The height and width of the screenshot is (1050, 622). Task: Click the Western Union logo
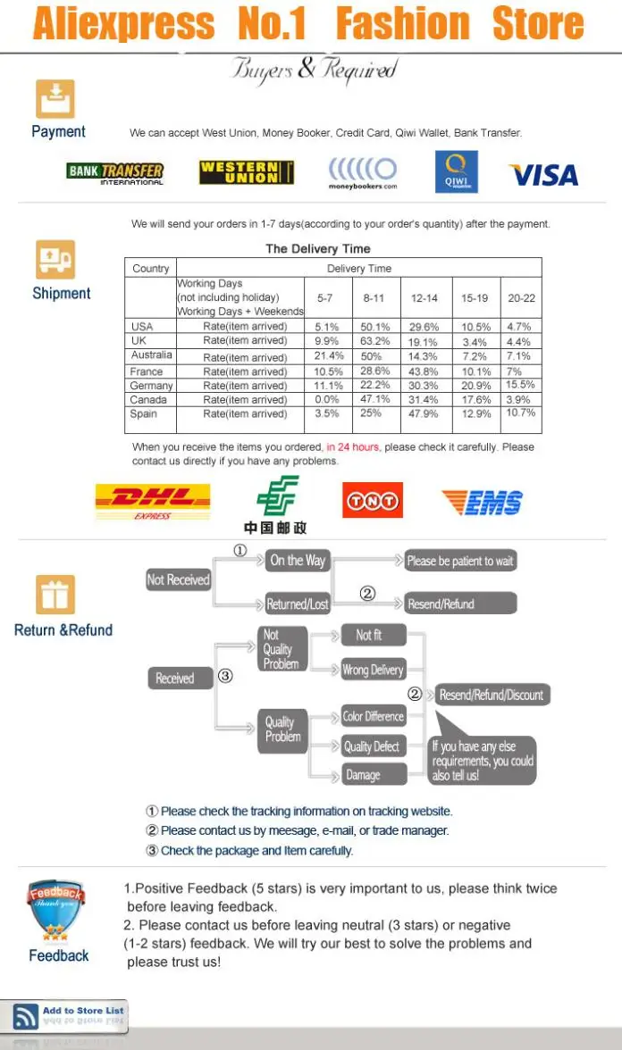[247, 172]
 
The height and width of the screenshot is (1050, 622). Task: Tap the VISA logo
[543, 175]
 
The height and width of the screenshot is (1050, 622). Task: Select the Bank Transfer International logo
[115, 172]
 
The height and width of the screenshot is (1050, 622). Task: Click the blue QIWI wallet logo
[456, 172]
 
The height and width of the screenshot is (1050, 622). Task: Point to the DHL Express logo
[153, 502]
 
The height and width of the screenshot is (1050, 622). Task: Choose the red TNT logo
[372, 501]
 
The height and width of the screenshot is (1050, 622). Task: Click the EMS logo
[483, 503]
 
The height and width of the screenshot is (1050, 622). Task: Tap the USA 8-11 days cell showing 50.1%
[375, 327]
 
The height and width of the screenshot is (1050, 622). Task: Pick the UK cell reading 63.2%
[375, 341]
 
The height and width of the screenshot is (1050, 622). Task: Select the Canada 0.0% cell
[327, 399]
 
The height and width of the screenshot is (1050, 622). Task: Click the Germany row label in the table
[151, 386]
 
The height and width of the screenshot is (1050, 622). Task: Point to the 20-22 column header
[522, 298]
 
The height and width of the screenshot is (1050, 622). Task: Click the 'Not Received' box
[178, 580]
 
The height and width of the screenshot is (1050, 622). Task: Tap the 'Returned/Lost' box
[298, 604]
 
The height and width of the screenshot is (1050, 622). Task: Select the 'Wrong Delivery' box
[373, 670]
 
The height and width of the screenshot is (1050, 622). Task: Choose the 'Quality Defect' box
[373, 746]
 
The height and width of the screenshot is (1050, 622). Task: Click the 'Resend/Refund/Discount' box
[492, 695]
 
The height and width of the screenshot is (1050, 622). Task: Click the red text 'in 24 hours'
[353, 446]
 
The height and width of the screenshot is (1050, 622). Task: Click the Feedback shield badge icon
[56, 909]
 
